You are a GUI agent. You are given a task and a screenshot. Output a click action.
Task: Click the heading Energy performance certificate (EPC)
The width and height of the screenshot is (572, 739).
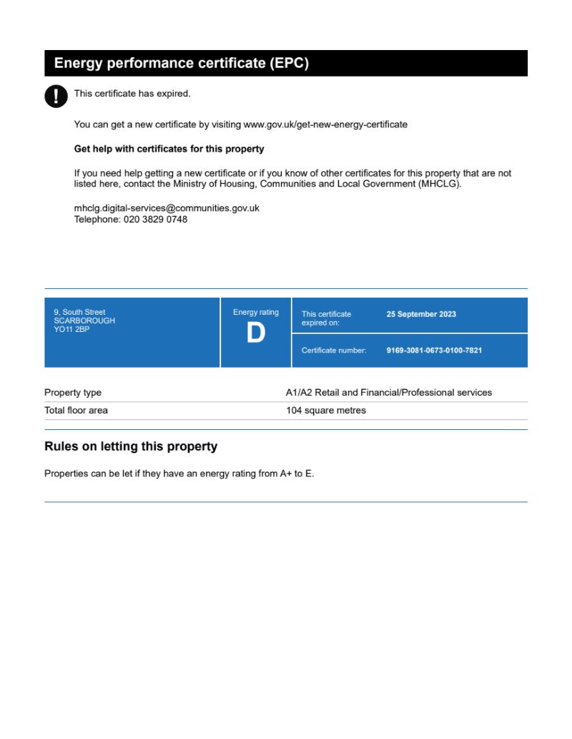(x=182, y=63)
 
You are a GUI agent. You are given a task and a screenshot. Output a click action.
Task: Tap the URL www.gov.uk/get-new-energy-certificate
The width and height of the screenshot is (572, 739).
(x=325, y=124)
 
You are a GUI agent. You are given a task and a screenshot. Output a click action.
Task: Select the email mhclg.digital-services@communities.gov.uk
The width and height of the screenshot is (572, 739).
(x=167, y=208)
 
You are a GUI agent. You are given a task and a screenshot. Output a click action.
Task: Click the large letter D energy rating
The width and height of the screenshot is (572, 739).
(x=255, y=333)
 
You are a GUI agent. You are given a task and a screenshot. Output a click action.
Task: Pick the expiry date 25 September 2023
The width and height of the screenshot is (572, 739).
(x=421, y=314)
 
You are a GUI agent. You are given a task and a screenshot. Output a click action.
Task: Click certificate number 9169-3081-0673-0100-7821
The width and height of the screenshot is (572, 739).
(x=434, y=351)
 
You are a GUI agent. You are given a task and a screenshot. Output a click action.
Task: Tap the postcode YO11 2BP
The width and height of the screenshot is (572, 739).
(x=71, y=330)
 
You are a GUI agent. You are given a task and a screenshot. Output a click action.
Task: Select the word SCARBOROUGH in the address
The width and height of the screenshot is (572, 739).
(x=84, y=321)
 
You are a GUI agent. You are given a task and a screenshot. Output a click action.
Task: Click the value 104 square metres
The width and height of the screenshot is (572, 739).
(x=325, y=411)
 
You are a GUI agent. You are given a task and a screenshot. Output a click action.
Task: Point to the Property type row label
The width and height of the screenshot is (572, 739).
(x=73, y=393)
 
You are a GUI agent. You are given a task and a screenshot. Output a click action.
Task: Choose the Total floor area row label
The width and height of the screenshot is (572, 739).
(x=76, y=411)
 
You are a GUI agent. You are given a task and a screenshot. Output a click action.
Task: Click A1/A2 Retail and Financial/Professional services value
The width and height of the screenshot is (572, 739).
(x=389, y=393)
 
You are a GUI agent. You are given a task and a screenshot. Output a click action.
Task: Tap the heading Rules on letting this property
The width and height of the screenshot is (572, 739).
(x=131, y=446)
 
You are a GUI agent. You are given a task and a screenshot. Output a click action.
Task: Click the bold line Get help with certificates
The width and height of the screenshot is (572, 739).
(x=169, y=150)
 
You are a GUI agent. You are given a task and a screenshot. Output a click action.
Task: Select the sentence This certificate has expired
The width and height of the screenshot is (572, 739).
(x=132, y=94)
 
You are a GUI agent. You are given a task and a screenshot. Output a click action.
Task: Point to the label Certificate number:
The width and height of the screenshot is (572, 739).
(x=334, y=351)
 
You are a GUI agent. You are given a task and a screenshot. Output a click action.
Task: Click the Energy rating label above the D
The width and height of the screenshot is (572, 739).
(x=256, y=313)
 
